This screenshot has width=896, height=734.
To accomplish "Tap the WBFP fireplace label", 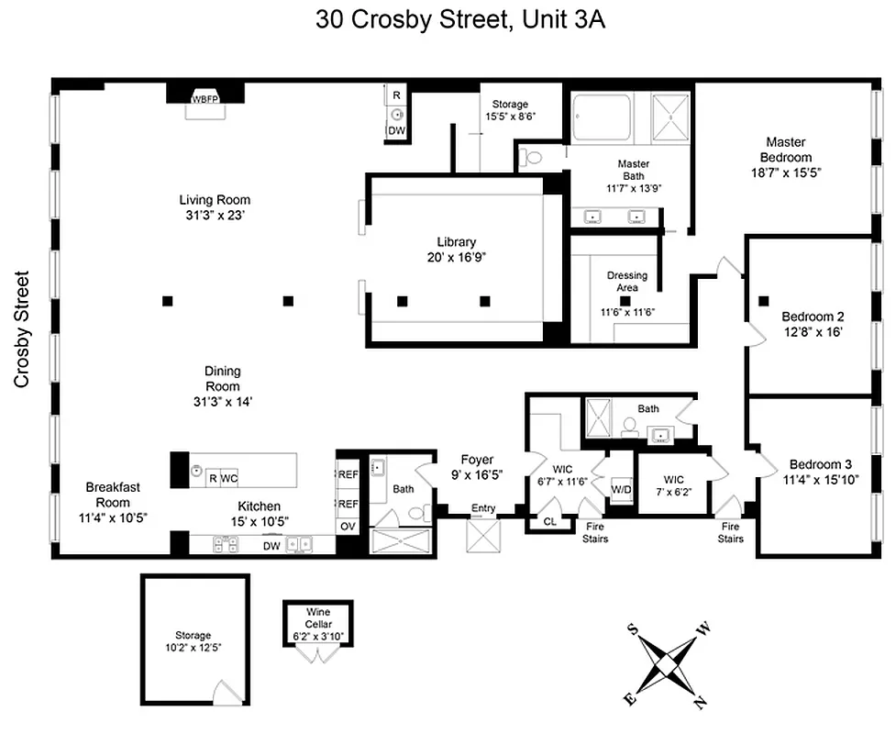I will [205, 99].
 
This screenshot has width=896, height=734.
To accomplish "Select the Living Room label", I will [215, 200].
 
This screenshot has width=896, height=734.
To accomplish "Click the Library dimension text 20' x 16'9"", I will [456, 258].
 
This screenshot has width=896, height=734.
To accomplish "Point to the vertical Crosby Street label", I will [21, 328].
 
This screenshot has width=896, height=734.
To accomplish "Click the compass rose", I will [669, 662].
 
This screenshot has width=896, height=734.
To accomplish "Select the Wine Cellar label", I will [319, 618].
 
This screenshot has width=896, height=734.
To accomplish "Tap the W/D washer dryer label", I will [622, 488].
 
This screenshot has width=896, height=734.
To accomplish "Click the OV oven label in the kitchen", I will [348, 527].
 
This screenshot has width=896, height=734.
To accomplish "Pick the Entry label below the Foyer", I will [483, 508].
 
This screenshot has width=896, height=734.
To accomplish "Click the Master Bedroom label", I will [786, 149].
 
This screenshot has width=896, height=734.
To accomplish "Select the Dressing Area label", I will [626, 282].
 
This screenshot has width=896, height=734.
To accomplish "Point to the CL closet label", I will [549, 521].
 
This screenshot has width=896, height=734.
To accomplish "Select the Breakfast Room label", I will [113, 495].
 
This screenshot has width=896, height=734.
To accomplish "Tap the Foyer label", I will [477, 460].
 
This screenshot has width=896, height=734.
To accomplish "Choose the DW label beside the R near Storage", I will [396, 131].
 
